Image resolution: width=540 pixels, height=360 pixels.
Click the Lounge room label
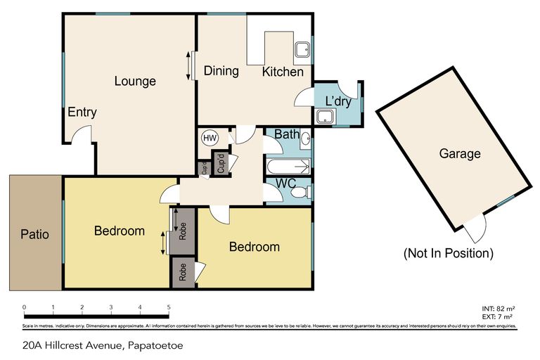pyautogui.click(x=135, y=82)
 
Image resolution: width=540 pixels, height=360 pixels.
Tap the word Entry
pyautogui.click(x=82, y=112)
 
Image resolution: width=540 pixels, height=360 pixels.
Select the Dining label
pyautogui.click(x=221, y=71)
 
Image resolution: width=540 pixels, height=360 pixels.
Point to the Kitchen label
pyautogui.click(x=283, y=72)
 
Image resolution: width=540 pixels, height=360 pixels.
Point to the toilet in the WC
pyautogui.click(x=300, y=192)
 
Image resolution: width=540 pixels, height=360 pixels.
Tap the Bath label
pyautogui.click(x=287, y=134)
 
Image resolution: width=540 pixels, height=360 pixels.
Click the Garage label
pyautogui.click(x=459, y=153)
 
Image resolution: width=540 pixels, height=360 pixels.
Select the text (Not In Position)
pyautogui.click(x=448, y=252)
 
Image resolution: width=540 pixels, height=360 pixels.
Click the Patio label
pyautogui.click(x=34, y=234)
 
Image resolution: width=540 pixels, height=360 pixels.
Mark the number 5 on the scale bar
pyautogui.click(x=169, y=307)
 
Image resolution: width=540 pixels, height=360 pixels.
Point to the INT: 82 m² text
pyautogui.click(x=499, y=309)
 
